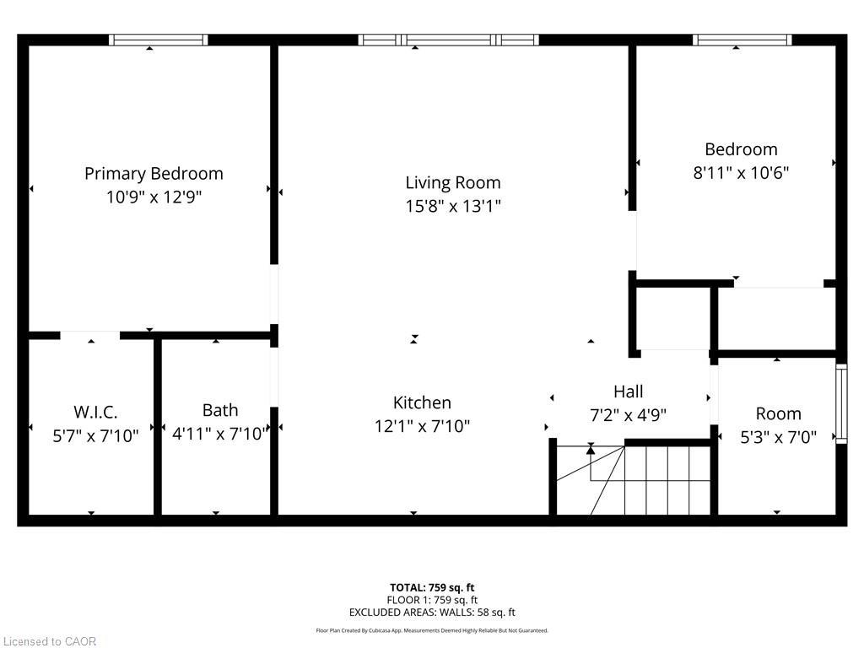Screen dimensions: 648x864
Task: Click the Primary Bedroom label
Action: click(x=154, y=174)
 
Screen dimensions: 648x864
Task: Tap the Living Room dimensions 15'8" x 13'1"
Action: click(x=453, y=206)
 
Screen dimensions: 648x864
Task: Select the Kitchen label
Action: click(x=422, y=403)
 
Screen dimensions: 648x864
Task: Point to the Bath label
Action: click(x=219, y=410)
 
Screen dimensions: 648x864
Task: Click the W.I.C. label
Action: click(x=95, y=413)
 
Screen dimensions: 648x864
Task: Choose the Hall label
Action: click(x=628, y=391)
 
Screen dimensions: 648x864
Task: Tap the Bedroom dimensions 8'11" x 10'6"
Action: click(x=741, y=173)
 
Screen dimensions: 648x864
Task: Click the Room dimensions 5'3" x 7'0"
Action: click(x=778, y=437)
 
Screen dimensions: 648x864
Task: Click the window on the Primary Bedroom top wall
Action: click(x=158, y=40)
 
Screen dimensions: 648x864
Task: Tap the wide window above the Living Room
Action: click(x=448, y=40)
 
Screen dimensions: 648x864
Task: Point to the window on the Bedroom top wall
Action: click(x=742, y=40)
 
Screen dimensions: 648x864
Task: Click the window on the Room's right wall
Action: click(x=840, y=403)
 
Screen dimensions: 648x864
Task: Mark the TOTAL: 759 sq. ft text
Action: click(x=432, y=587)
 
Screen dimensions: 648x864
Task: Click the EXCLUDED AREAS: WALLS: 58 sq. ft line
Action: click(x=432, y=613)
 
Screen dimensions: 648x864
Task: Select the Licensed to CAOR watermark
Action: click(x=50, y=641)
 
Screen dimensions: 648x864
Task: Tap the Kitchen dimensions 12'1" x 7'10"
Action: click(x=422, y=427)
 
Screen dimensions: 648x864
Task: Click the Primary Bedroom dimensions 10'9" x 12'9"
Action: click(x=154, y=197)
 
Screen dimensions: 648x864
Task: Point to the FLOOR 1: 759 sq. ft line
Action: click(x=432, y=600)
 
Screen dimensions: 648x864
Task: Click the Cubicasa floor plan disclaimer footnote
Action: click(x=432, y=630)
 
